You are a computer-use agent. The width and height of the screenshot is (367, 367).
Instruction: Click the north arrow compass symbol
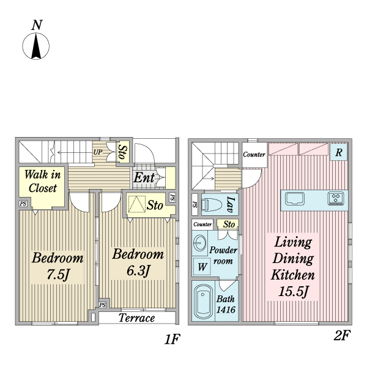coord(36,46)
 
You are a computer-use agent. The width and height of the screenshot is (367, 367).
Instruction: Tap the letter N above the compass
coord(37,25)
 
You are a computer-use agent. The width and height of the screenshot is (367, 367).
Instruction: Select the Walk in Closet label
coord(43,181)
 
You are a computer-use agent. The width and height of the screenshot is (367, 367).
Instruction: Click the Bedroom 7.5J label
coord(57,266)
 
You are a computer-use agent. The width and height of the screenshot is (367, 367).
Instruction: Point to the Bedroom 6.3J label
coord(138,262)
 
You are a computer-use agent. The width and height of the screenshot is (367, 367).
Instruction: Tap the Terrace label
coord(136,317)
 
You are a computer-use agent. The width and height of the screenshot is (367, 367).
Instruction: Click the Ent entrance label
coord(144,177)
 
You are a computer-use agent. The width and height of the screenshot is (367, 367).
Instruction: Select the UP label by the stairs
coord(98,152)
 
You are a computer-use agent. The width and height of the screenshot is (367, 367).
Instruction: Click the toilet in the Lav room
coord(212,204)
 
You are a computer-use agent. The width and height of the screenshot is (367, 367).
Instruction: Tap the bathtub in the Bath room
coord(203,301)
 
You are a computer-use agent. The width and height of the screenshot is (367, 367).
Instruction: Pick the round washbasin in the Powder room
coord(199,243)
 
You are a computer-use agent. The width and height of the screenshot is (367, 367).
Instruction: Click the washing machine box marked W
coord(202,266)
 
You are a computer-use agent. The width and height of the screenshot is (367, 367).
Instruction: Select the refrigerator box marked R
coord(338,152)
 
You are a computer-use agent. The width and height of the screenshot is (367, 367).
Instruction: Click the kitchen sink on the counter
coord(295,199)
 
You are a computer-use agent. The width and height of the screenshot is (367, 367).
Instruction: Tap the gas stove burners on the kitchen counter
coord(336,198)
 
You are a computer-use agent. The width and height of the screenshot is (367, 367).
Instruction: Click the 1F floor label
coord(172,339)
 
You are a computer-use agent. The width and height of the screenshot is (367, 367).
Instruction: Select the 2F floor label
coord(341,336)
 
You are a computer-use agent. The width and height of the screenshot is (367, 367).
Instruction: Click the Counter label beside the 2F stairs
coord(254,154)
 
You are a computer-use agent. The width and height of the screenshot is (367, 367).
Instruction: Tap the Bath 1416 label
coord(226,304)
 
